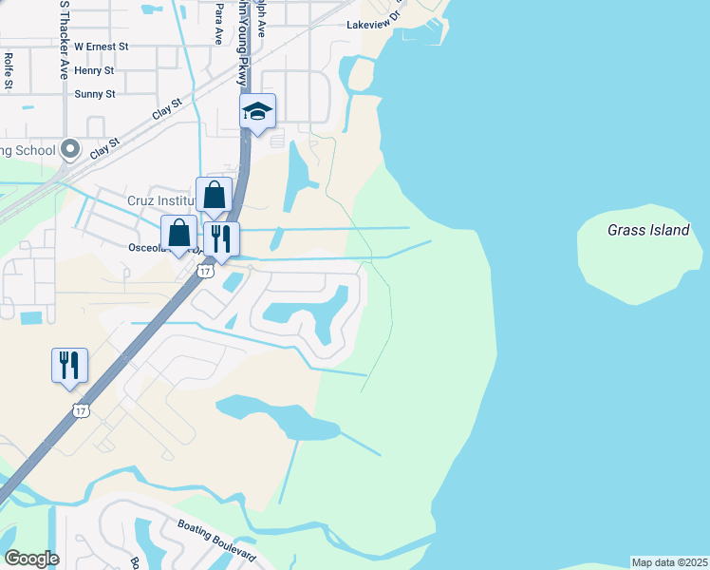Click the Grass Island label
(x=648, y=230)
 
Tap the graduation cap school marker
(x=257, y=112)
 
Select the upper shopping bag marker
(x=215, y=195)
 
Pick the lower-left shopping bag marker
(x=178, y=233)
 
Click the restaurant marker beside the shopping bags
(x=221, y=239)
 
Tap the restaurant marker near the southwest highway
(x=69, y=366)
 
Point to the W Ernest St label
(x=101, y=46)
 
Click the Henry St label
(x=94, y=70)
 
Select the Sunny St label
(x=95, y=94)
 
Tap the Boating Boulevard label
(x=216, y=540)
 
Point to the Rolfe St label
(x=9, y=71)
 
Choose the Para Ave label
(x=218, y=21)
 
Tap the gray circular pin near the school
(x=69, y=148)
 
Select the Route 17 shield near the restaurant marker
(x=205, y=272)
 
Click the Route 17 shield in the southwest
(x=81, y=409)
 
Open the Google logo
(x=31, y=559)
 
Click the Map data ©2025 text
(x=670, y=562)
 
